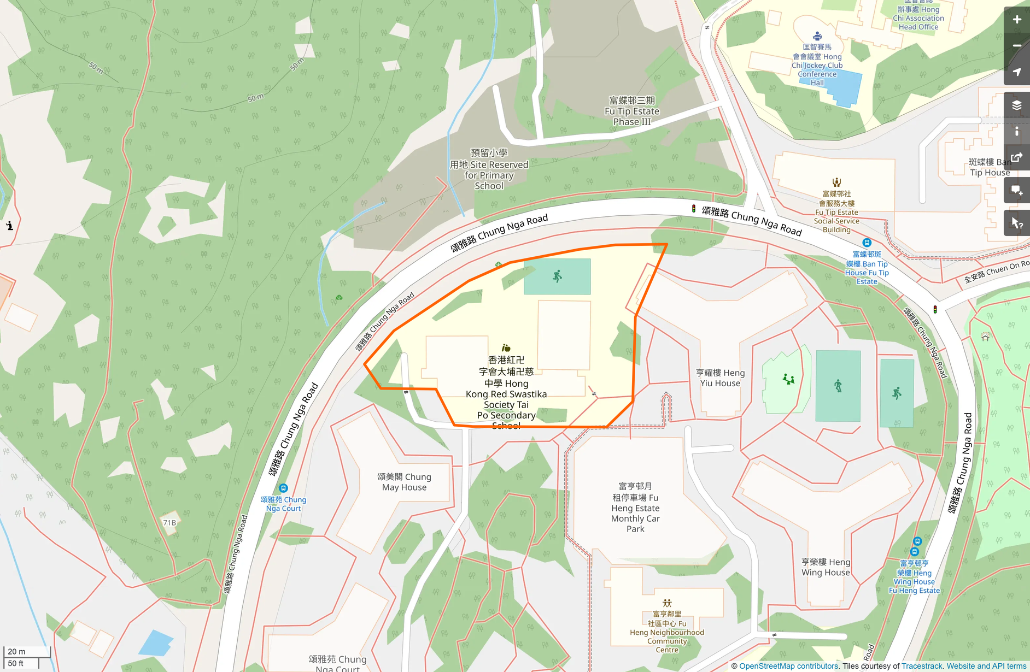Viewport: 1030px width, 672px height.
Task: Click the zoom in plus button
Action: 1016,20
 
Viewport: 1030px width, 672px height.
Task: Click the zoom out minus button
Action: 1016,46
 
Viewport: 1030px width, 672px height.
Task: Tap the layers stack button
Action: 1016,105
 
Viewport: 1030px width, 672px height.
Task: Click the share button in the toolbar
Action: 1016,158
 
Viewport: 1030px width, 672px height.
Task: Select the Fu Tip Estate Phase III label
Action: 631,111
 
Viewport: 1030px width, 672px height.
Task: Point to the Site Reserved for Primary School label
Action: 489,170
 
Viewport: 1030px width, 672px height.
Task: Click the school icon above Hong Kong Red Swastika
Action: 506,348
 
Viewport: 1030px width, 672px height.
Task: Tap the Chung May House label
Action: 404,482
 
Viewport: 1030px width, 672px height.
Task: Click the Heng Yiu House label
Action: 720,378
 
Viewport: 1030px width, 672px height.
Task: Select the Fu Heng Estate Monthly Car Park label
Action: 635,508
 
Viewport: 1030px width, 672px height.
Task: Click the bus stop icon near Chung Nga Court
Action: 283,488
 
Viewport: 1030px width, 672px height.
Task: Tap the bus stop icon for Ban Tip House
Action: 867,243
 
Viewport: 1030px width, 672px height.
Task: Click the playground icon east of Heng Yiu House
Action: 788,379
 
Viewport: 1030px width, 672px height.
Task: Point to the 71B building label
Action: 169,523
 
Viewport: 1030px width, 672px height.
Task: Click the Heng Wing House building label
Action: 826,567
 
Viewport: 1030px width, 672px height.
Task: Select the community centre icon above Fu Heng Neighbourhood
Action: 667,603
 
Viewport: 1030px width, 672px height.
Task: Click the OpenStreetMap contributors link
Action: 788,666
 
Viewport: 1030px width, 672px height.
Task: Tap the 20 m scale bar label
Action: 16,651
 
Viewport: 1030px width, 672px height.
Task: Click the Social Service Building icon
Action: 836,182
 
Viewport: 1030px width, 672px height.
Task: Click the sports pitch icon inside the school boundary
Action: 557,276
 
